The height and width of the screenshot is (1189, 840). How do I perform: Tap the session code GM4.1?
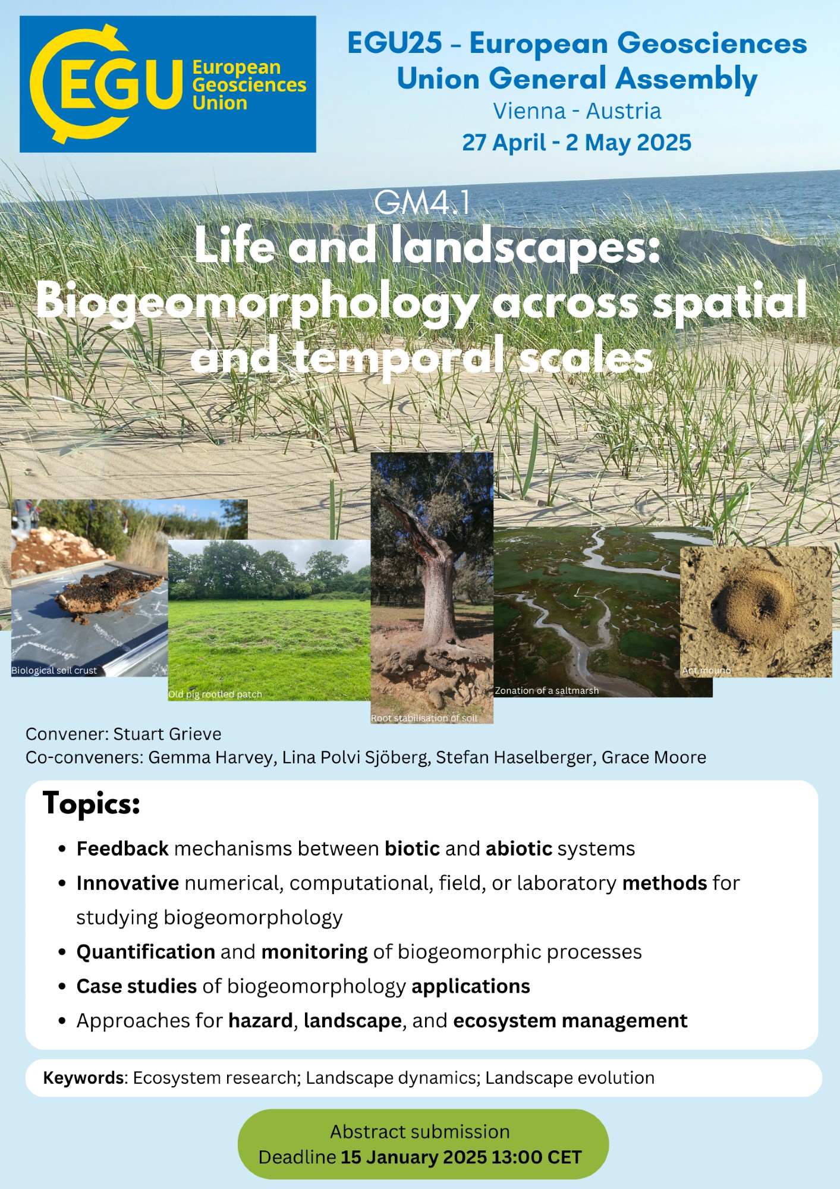click(x=422, y=203)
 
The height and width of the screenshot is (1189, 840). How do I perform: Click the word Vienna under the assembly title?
click(x=529, y=111)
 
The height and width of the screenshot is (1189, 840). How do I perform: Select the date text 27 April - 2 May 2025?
click(x=577, y=143)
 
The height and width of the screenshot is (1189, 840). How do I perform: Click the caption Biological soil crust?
click(x=54, y=671)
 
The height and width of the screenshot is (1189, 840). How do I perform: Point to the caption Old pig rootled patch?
click(x=215, y=694)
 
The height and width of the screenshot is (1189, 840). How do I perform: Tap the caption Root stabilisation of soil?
click(x=424, y=718)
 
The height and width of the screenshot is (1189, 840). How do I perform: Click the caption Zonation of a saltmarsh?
click(x=547, y=691)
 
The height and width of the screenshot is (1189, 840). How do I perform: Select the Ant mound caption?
click(x=706, y=671)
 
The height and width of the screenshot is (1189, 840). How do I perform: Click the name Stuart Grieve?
click(x=167, y=734)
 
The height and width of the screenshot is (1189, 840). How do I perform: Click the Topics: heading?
click(x=92, y=804)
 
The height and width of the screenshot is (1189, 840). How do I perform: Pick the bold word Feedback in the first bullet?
click(x=122, y=848)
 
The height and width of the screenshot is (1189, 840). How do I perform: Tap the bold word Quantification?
click(x=146, y=952)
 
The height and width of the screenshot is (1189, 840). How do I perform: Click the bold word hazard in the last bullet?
click(x=260, y=1021)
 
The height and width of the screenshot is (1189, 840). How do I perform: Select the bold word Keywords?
click(x=83, y=1078)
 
